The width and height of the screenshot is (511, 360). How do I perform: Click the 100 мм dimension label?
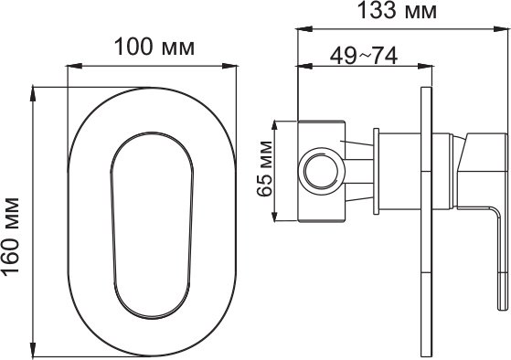[x=154, y=47]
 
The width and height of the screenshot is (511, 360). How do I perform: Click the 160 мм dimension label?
[x=10, y=237]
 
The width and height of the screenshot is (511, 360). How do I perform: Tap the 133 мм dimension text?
[x=397, y=10]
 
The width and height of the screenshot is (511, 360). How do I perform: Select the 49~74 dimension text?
[x=364, y=56]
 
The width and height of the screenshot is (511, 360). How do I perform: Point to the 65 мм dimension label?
[x=264, y=169]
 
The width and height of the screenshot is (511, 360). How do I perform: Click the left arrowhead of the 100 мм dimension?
[x=74, y=66]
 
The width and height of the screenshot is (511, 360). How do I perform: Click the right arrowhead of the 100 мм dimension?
[x=229, y=66]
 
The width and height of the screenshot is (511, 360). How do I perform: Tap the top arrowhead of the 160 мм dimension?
[x=33, y=94]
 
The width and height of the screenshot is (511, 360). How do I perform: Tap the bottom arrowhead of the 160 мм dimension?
[x=33, y=349]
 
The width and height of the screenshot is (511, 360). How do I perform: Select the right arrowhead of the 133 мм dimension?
[x=501, y=29]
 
